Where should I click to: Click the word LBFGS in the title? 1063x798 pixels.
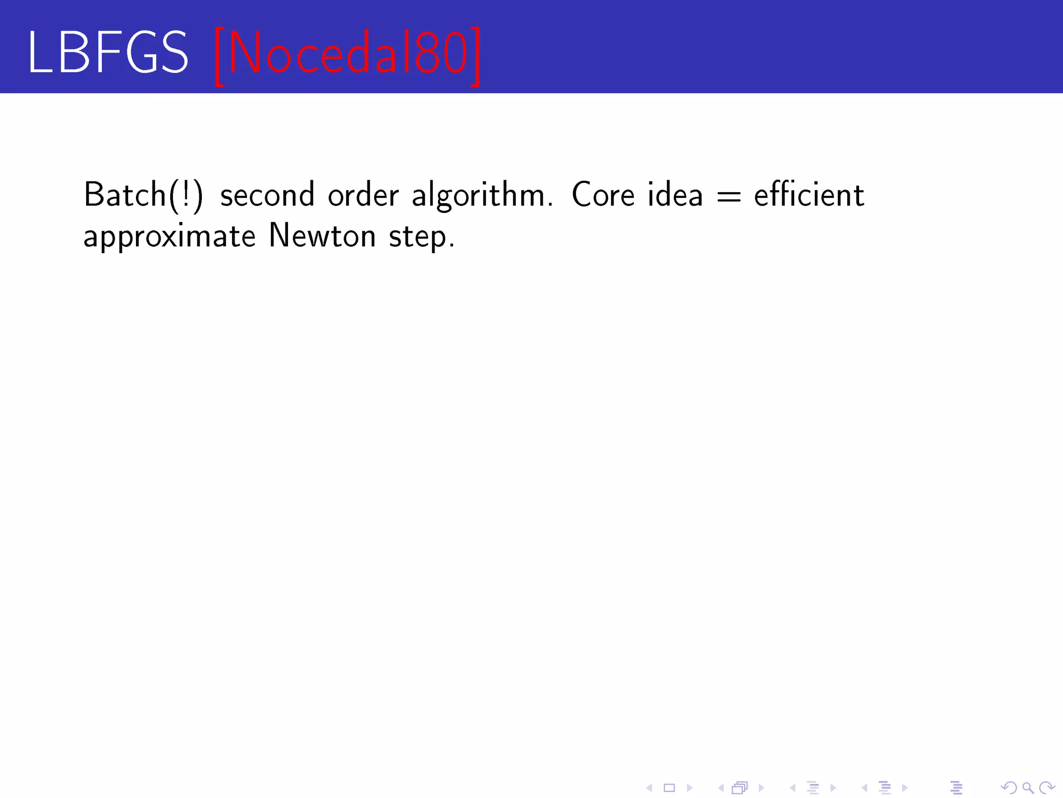pyautogui.click(x=107, y=52)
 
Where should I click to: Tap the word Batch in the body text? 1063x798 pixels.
pyautogui.click(x=125, y=195)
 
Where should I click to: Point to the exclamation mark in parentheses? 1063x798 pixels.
pyautogui.click(x=186, y=195)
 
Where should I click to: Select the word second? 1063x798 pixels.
pyautogui.click(x=267, y=195)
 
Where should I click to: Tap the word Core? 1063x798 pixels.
pyautogui.click(x=603, y=195)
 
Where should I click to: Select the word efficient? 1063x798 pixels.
pyautogui.click(x=809, y=195)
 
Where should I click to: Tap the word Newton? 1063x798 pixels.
pyautogui.click(x=322, y=236)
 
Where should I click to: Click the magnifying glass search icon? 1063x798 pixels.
pyautogui.click(x=1028, y=788)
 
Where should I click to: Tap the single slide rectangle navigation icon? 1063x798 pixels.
pyautogui.click(x=670, y=788)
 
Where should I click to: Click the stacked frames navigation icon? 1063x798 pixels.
pyautogui.click(x=740, y=788)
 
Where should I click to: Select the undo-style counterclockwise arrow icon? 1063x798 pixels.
pyautogui.click(x=1009, y=788)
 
